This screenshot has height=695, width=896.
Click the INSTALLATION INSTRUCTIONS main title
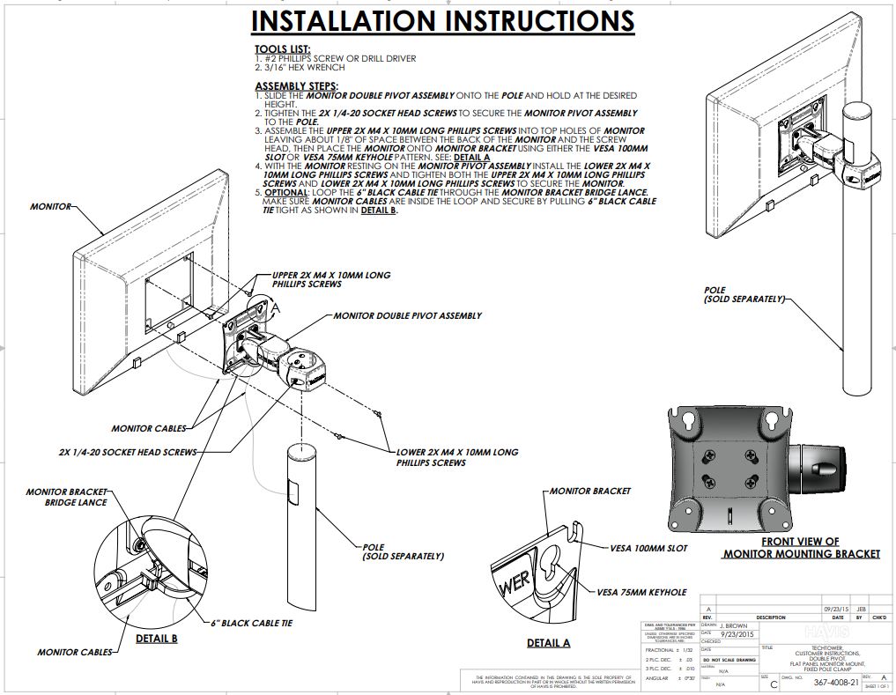442,21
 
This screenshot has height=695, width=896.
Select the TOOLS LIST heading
282,49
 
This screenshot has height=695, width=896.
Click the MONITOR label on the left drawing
50,206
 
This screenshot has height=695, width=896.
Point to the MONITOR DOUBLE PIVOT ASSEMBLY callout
407,315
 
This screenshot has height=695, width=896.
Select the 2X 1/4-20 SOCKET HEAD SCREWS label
128,452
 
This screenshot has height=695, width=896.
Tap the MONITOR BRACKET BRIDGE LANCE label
67,497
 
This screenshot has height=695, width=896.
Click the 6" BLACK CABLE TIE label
251,623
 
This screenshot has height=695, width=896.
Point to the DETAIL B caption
156,639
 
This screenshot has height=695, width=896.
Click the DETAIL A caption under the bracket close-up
548,643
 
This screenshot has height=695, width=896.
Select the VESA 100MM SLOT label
648,548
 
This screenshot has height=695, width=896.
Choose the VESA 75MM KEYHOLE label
641,592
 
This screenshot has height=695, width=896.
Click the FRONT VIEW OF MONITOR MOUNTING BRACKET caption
801,548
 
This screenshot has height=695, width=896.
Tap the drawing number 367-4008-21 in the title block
836,682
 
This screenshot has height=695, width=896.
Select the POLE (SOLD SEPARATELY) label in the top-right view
744,294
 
